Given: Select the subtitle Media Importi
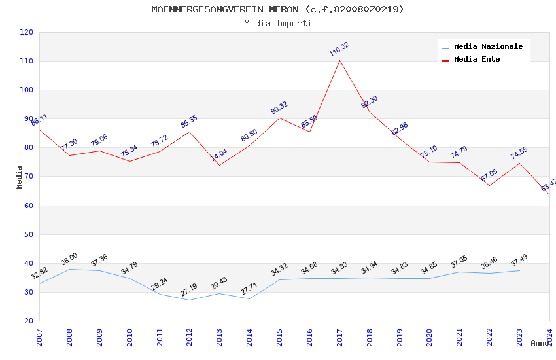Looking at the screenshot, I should (x=277, y=23).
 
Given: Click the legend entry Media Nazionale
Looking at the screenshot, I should (x=488, y=47).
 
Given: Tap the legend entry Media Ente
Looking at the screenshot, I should (x=477, y=60).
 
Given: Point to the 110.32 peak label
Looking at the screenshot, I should (x=339, y=49).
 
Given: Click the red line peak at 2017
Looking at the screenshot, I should (x=339, y=60).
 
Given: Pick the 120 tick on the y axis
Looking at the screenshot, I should (x=27, y=33).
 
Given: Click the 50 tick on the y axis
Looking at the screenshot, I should (x=27, y=234).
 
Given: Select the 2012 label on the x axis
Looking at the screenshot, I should (x=190, y=338).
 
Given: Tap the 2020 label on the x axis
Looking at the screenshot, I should (x=430, y=338).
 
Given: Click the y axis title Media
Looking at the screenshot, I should (x=19, y=177).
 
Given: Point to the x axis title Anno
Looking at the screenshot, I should (x=540, y=343).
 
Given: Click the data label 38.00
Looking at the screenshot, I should (x=69, y=259).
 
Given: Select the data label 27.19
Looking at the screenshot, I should (x=188, y=289).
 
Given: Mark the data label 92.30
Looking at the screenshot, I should (x=370, y=101).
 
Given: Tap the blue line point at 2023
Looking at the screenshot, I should (x=519, y=270).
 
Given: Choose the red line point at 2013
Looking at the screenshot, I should (x=219, y=165).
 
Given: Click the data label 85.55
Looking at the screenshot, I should (x=188, y=122).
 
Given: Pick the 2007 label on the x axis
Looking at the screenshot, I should (x=39, y=338).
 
